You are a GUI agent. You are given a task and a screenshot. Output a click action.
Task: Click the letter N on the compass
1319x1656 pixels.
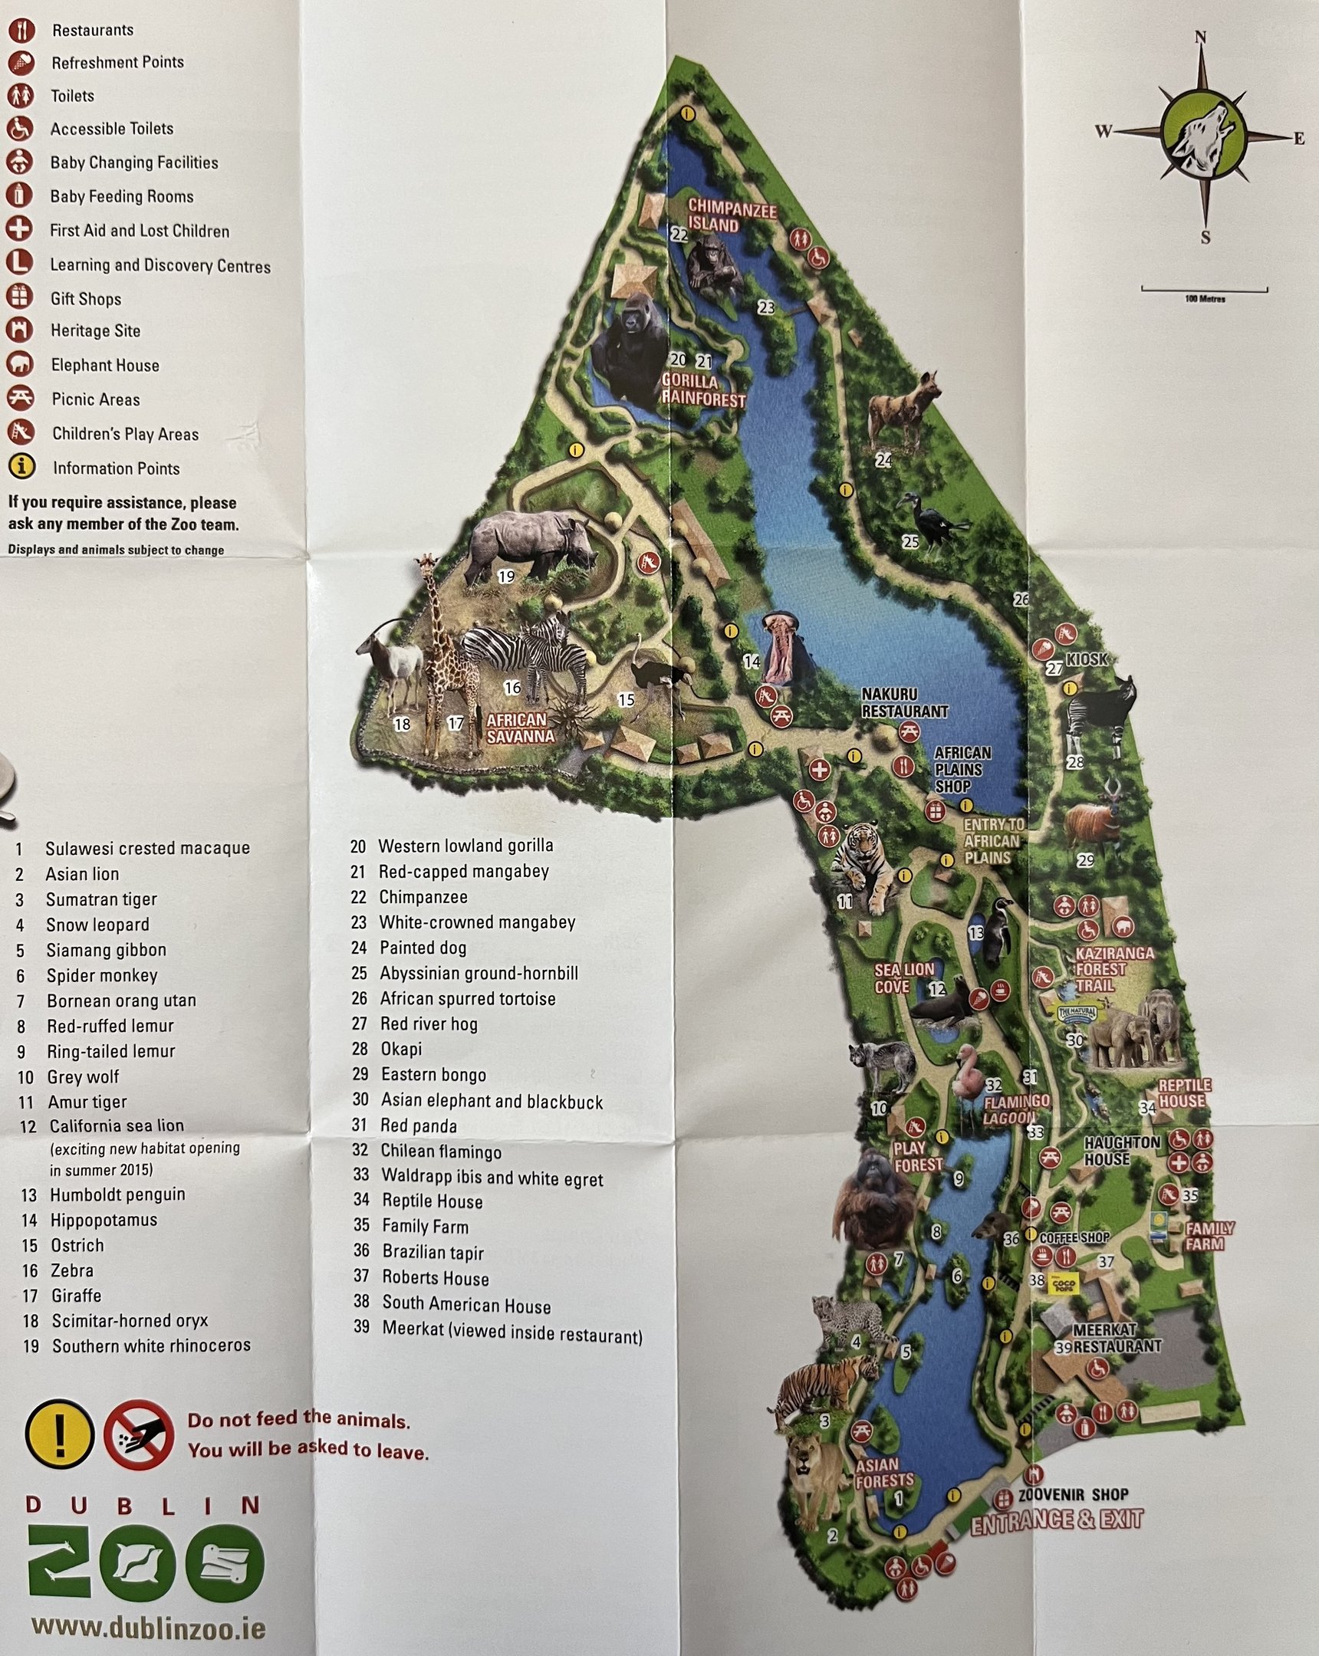[x=1202, y=38]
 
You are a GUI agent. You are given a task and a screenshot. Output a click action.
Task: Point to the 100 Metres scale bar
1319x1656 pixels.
[x=1204, y=291]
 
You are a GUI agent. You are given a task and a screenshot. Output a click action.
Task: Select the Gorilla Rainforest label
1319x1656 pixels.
[x=704, y=390]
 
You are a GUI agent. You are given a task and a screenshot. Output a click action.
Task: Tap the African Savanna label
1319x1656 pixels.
[x=518, y=728]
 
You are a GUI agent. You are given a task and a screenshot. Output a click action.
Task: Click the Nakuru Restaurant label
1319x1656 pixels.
[x=904, y=703]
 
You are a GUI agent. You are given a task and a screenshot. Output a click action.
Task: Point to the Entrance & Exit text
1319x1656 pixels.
[x=1056, y=1520]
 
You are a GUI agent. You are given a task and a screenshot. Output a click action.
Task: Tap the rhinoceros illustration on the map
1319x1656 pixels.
[x=530, y=547]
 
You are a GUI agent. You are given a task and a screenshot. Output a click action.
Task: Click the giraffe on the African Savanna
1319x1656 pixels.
[x=446, y=653]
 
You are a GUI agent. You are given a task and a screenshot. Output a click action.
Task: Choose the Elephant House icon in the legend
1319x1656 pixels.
[x=20, y=364]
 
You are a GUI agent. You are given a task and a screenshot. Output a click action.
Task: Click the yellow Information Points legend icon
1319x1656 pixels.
[x=21, y=467]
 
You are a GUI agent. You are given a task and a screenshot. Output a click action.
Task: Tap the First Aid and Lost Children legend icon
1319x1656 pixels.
[x=19, y=229]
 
